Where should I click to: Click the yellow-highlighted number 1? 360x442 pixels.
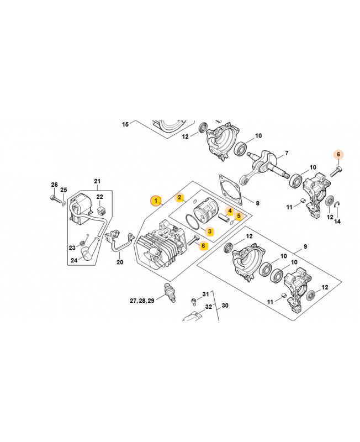(156, 200)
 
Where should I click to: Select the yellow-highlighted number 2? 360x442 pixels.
(179, 197)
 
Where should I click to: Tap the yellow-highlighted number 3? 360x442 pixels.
(210, 231)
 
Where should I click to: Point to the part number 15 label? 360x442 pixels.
(125, 124)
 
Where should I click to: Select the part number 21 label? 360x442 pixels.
(97, 181)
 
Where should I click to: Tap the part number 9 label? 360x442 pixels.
(305, 246)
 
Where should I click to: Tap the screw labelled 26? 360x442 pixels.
(54, 198)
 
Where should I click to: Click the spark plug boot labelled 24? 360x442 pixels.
(87, 253)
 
